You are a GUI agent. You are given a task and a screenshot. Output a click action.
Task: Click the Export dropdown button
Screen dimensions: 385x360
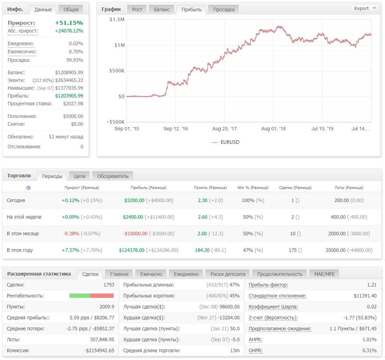click(x=365, y=8)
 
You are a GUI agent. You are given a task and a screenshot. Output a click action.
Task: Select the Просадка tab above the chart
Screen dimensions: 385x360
click(x=224, y=10)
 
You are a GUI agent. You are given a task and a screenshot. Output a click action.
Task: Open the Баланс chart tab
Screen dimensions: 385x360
click(x=162, y=10)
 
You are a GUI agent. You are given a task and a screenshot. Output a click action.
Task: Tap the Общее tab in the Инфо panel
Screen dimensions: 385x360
click(x=71, y=10)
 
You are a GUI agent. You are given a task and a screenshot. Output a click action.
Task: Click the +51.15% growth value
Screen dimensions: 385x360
click(x=69, y=23)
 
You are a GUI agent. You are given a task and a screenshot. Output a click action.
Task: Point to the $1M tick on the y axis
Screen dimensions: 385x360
click(x=120, y=45)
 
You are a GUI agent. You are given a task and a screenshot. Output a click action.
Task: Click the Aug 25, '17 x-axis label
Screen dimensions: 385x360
click(x=224, y=129)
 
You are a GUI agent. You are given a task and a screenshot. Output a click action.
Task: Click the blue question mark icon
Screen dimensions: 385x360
click(x=28, y=188)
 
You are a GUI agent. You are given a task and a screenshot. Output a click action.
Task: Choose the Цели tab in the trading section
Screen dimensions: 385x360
click(x=80, y=176)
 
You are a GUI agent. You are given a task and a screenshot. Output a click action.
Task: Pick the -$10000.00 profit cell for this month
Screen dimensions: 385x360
click(x=135, y=234)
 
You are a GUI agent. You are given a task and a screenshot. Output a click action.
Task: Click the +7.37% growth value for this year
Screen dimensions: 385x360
click(x=71, y=250)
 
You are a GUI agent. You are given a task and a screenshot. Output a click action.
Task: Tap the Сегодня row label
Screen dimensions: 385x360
click(x=16, y=200)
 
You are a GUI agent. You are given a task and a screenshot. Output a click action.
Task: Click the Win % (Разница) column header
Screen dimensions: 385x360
click(x=253, y=188)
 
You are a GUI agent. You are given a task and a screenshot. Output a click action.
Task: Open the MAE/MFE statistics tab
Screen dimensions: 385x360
click(x=325, y=274)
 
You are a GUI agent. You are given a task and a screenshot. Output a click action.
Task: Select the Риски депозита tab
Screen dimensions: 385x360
click(x=228, y=274)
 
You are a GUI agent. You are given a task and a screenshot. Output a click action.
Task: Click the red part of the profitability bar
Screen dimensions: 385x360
click(x=102, y=296)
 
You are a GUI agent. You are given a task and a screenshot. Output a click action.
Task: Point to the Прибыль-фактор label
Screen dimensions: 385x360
click(x=268, y=285)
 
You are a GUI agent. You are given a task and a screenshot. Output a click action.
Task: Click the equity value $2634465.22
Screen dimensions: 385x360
click(x=69, y=80)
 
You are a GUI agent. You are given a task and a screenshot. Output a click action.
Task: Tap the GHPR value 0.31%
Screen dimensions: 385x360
click(x=369, y=350)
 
